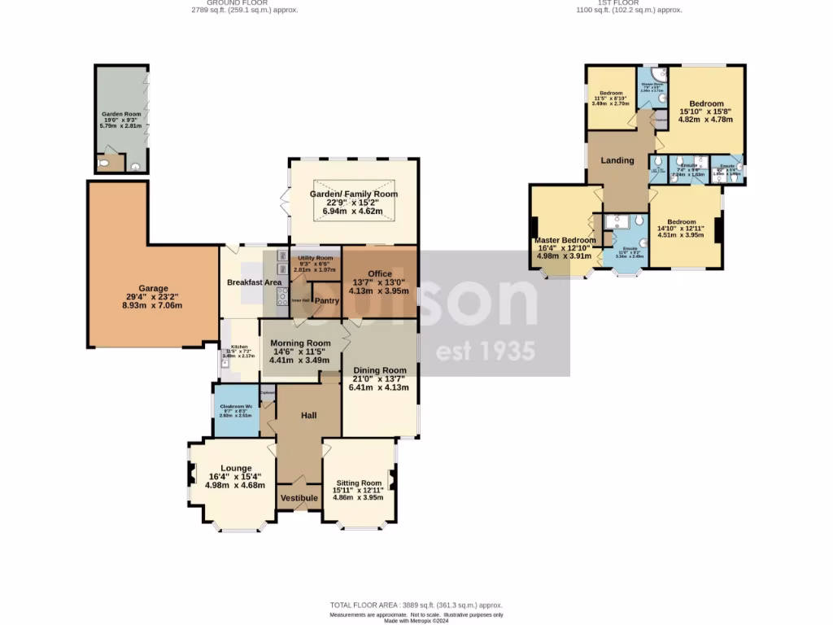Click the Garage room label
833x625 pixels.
(x=153, y=288)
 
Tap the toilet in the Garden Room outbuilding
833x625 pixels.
(x=101, y=164)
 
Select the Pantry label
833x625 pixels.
(x=326, y=301)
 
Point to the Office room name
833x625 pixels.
(x=380, y=273)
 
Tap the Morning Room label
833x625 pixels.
(x=300, y=343)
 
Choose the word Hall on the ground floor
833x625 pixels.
(x=308, y=416)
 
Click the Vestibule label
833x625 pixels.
(x=299, y=497)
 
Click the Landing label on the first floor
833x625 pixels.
(x=617, y=160)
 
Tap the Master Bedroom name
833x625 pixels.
(x=565, y=240)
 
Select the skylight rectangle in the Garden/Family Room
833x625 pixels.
(x=353, y=199)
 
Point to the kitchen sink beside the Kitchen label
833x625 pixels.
(x=225, y=362)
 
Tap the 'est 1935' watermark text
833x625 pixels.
(x=486, y=352)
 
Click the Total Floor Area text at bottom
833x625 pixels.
(x=416, y=605)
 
